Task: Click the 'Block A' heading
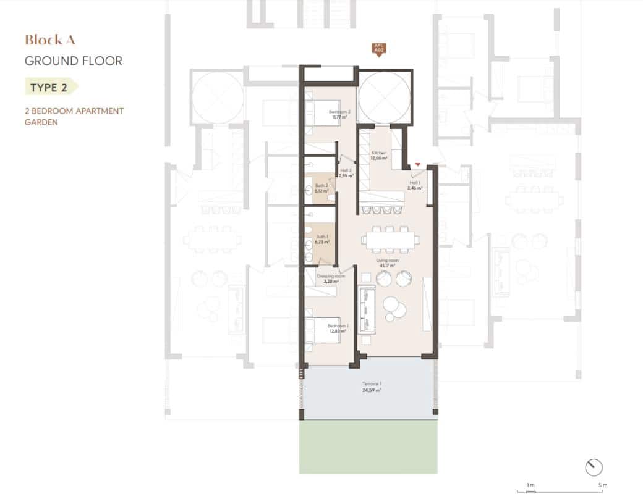click(x=50, y=40)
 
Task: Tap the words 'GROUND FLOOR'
click(x=73, y=61)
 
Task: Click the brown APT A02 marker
click(x=378, y=49)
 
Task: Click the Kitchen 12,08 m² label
click(x=378, y=155)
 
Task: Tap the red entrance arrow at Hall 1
click(x=419, y=164)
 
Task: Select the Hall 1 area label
click(x=415, y=185)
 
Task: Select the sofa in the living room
click(x=367, y=309)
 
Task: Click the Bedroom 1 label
click(x=337, y=328)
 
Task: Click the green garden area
click(x=370, y=448)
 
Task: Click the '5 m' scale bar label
click(x=602, y=486)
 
